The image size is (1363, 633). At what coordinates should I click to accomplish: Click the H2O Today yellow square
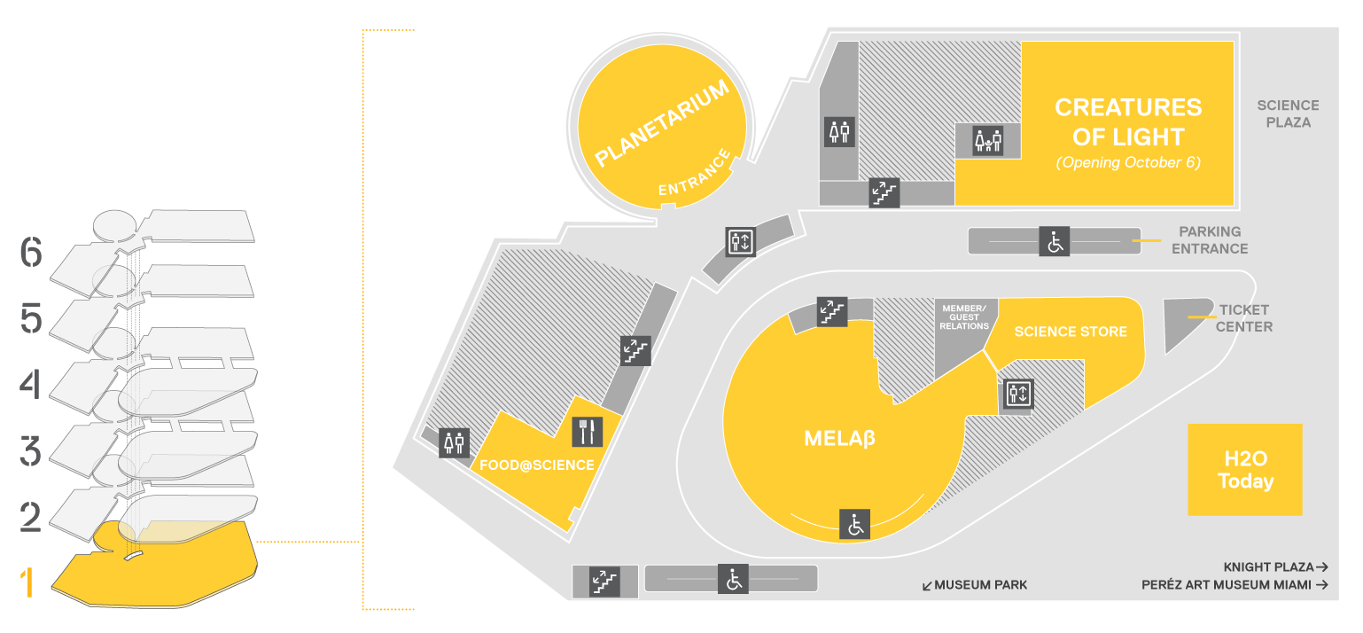1244,470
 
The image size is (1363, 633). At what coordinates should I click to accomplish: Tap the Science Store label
1071,332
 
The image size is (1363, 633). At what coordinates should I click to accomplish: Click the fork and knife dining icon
587,432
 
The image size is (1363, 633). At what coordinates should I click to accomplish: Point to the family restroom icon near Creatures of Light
988,140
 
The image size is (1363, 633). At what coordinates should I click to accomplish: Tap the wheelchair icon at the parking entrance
1055,240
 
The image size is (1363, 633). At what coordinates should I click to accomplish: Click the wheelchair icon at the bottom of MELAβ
855,524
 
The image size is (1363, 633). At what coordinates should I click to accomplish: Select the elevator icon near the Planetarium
740,241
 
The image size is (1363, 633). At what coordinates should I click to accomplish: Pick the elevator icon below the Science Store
1018,395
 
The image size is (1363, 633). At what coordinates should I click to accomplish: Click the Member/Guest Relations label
965,317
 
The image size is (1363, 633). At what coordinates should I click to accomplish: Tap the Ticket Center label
1243,318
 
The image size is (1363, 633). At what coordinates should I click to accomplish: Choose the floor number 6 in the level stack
31,254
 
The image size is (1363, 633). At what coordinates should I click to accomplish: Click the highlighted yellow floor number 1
29,583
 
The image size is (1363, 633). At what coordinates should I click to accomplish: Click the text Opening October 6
1127,163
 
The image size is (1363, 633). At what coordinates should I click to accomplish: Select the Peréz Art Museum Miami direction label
1234,585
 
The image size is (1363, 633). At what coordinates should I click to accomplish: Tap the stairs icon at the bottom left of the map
604,581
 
